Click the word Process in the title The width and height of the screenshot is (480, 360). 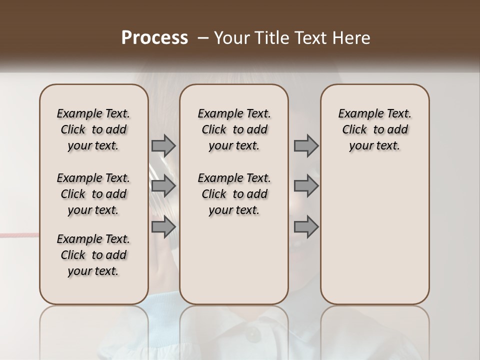pyautogui.click(x=154, y=38)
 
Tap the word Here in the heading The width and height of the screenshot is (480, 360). pyautogui.click(x=350, y=38)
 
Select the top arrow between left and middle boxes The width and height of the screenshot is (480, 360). pyautogui.click(x=163, y=145)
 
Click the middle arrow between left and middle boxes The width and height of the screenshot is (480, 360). pyautogui.click(x=163, y=186)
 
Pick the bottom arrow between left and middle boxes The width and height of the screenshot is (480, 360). pyautogui.click(x=163, y=227)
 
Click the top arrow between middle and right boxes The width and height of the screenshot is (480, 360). pyautogui.click(x=306, y=145)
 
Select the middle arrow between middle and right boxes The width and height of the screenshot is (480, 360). pyautogui.click(x=306, y=186)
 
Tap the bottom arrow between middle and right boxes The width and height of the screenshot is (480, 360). pyautogui.click(x=306, y=227)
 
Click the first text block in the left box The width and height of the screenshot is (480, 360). pyautogui.click(x=93, y=129)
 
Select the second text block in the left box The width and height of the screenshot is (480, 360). pyautogui.click(x=93, y=194)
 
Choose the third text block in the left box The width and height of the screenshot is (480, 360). pyautogui.click(x=93, y=255)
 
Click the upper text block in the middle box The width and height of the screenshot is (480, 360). pyautogui.click(x=234, y=129)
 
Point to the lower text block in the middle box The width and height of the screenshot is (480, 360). pyautogui.click(x=234, y=194)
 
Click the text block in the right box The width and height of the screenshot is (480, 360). pyautogui.click(x=375, y=129)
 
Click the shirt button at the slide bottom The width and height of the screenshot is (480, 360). pyautogui.click(x=249, y=336)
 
